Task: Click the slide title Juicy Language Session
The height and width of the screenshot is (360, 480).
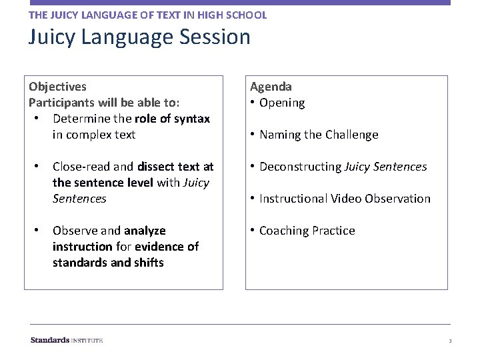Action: [139, 37]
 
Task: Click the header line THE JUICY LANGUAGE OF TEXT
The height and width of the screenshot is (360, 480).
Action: [147, 15]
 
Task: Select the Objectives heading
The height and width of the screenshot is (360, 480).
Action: [57, 87]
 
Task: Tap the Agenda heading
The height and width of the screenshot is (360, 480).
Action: [271, 87]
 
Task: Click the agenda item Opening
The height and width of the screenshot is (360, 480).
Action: [281, 103]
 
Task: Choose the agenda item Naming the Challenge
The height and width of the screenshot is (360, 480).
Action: [319, 135]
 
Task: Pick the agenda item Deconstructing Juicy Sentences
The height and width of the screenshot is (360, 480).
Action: [343, 167]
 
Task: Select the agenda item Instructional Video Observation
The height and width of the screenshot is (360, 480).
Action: [345, 199]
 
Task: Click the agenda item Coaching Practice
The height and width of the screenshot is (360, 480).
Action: [307, 231]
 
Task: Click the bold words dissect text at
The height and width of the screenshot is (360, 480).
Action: [175, 167]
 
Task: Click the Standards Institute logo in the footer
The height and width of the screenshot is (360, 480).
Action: [67, 340]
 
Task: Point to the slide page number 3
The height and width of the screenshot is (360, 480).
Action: [450, 341]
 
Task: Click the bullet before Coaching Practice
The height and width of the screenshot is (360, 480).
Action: [253, 231]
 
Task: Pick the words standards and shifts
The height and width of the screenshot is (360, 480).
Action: [108, 263]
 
